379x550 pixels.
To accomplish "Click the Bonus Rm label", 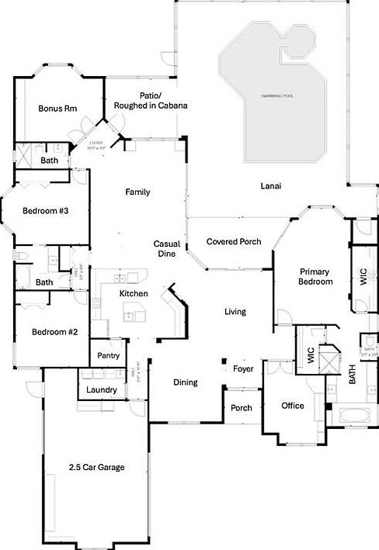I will tap(57, 109).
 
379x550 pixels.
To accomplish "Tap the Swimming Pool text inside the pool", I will tap(277, 95).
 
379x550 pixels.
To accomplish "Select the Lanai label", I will tap(270, 186).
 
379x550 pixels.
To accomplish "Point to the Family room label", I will tap(137, 192).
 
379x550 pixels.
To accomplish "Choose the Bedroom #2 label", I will tap(54, 332).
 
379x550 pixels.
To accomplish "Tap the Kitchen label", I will tap(133, 294).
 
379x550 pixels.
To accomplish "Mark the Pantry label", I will tap(107, 355).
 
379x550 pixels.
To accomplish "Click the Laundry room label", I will tap(102, 389).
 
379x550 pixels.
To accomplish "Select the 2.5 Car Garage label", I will tap(96, 467).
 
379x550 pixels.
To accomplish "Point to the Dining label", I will tap(185, 382).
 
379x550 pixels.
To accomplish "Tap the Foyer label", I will tap(243, 368).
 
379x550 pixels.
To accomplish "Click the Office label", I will tap(293, 406).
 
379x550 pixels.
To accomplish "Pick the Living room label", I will tap(235, 312).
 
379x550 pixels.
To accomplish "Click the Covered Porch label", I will tap(234, 242).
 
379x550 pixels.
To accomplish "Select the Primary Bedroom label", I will tap(316, 277).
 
